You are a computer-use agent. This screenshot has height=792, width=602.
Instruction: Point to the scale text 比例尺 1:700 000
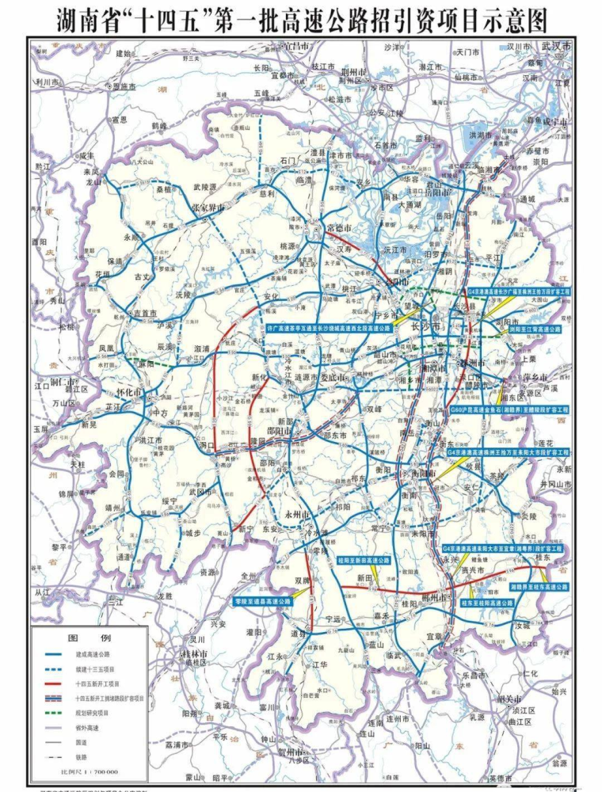83,771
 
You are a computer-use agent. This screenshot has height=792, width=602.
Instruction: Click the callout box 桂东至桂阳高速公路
487,602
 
